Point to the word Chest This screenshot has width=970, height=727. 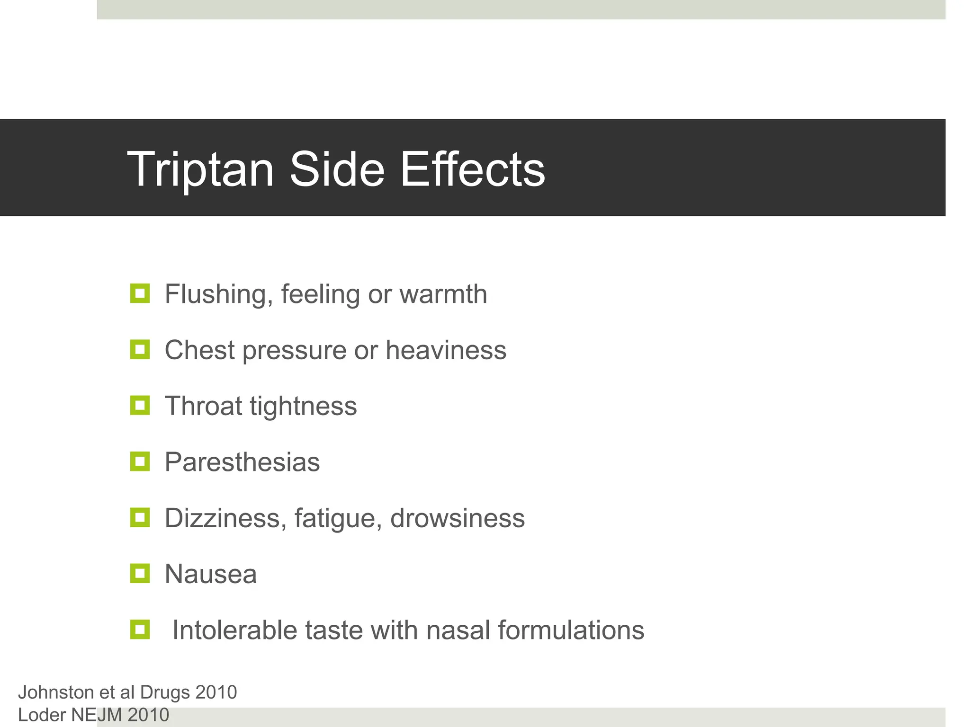click(x=199, y=350)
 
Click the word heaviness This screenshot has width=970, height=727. click(x=446, y=350)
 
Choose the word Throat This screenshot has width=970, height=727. click(x=203, y=406)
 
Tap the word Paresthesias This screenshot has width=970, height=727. click(x=242, y=462)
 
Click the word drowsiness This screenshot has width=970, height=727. click(x=458, y=518)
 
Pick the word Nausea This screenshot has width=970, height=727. click(x=211, y=574)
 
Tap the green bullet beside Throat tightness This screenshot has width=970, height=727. click(x=140, y=406)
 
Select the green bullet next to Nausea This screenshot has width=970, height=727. click(x=140, y=573)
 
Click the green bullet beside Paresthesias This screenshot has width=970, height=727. click(x=140, y=461)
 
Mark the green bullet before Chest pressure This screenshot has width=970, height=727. click(x=140, y=350)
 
